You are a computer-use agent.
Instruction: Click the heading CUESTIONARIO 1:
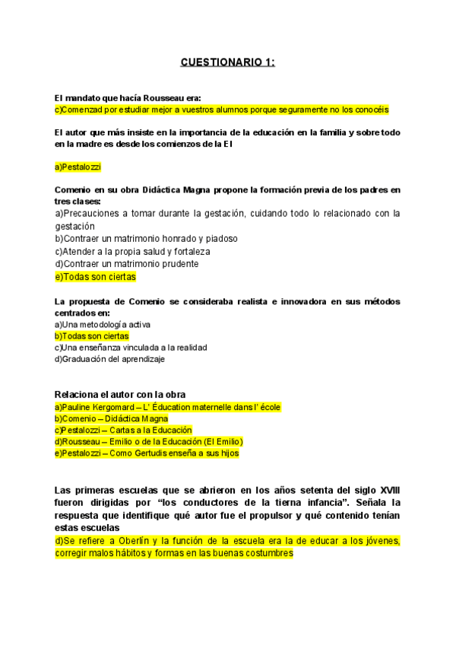227,62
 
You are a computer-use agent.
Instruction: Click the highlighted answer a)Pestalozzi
78,167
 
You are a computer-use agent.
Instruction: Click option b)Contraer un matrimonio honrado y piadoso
146,238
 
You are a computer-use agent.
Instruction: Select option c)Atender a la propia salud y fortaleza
132,251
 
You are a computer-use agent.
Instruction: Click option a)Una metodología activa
103,324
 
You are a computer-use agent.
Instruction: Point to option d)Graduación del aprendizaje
109,359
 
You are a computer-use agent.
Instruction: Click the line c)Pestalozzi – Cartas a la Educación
123,430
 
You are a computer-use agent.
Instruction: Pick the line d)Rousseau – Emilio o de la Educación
148,441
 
